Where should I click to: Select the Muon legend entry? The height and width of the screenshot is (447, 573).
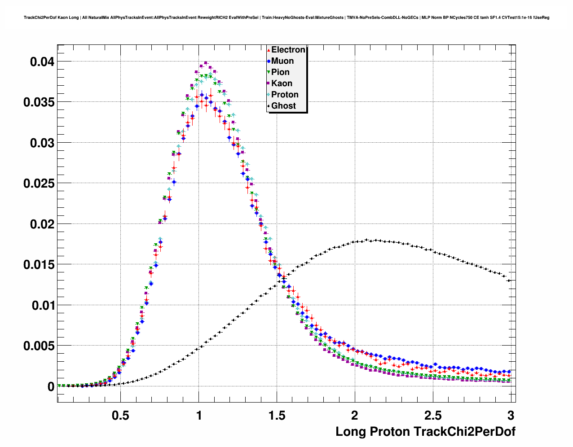coord(282,61)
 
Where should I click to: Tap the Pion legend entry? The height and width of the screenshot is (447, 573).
coord(280,72)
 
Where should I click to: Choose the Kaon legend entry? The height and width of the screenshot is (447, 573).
coord(282,83)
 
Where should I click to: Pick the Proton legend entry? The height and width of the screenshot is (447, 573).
coord(285,95)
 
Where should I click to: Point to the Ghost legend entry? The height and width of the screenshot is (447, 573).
coord(283,106)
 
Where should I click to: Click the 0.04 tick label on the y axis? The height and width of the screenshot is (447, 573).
coord(42,61)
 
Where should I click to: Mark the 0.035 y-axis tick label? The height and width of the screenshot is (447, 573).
coord(39,102)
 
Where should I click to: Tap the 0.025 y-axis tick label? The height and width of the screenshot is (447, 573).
coord(39,184)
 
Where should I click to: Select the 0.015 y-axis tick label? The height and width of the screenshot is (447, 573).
coord(39,265)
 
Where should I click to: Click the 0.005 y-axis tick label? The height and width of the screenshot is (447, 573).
coord(39,346)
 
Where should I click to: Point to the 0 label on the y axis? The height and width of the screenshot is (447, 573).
coord(51,387)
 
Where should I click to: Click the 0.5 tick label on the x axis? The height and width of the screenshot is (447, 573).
coord(120,415)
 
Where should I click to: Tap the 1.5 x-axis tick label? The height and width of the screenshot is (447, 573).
coord(277,415)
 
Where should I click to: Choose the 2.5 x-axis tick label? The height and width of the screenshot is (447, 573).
coord(433,415)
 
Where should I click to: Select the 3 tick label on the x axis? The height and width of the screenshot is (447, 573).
coord(511,415)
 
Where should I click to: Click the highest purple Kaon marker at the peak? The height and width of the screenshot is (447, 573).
coord(206,63)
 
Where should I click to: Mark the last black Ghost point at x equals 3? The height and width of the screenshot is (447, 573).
coord(509,280)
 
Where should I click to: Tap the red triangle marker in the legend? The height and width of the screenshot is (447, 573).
coord(269,50)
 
